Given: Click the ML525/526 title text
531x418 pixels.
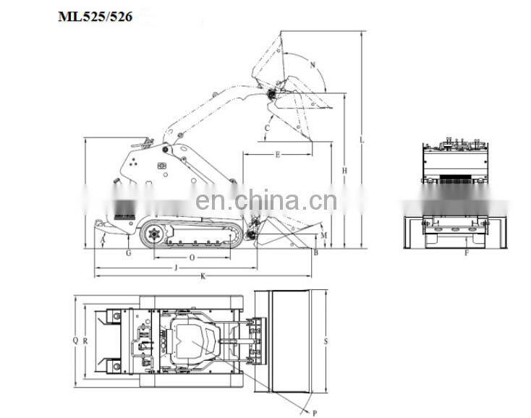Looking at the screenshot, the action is tap(95, 16).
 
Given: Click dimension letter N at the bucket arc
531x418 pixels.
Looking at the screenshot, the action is tap(313, 64).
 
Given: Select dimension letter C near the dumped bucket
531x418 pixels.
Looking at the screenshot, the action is tap(267, 128).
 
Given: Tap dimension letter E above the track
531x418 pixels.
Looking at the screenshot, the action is tap(278, 155).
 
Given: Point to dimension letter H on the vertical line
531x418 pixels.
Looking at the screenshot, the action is tap(344, 171).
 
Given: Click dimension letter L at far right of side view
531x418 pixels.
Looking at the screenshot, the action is tap(362, 140).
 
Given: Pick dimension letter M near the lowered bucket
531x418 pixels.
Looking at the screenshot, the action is tap(324, 235).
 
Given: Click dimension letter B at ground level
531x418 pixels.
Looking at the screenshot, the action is tap(316, 252).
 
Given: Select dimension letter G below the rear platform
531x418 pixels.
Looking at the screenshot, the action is tap(129, 253).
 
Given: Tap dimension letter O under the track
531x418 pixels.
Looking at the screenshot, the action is tap(192, 258).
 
